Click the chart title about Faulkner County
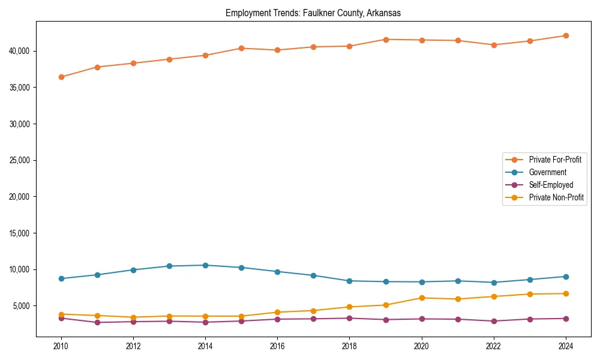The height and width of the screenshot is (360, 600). pos(313,13)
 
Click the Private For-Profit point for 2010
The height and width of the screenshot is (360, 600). pos(61,77)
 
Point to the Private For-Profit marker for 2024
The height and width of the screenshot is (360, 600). pos(566,35)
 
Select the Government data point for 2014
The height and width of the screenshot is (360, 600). pos(205,265)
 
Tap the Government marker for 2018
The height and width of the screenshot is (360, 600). pos(349,281)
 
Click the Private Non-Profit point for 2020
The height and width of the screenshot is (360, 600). pos(421,298)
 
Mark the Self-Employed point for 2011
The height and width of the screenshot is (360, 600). pos(97,322)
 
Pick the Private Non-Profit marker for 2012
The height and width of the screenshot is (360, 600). pos(133,317)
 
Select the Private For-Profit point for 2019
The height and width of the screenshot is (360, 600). pos(385,40)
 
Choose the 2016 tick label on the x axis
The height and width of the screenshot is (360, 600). pos(277,346)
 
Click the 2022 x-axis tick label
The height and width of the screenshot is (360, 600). pos(493,346)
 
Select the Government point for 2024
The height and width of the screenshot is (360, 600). pos(566,277)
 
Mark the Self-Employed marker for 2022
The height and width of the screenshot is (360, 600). pos(493,321)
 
